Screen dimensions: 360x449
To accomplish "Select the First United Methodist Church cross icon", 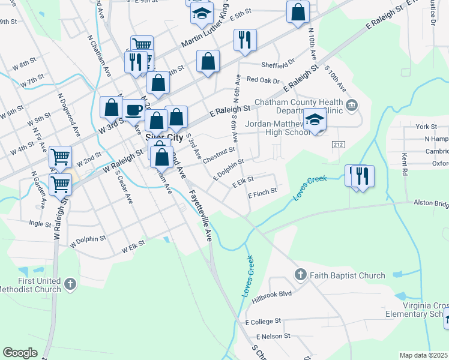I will point(70,283).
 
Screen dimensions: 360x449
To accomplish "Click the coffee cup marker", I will point(133,110).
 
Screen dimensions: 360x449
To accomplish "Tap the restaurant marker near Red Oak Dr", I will point(245,40).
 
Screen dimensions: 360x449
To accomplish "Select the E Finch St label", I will point(262,192).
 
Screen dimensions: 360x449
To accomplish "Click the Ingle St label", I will point(40,224).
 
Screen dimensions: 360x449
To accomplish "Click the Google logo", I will point(20,352).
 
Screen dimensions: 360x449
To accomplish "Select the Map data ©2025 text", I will point(424,355).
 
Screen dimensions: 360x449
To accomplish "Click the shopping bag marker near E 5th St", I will point(298,13).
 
